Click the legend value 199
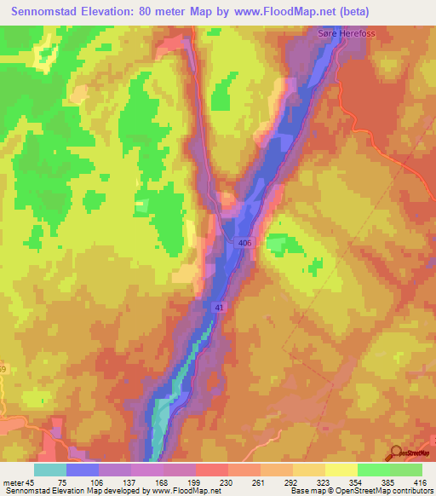tap(194, 482)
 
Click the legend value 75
tap(63, 482)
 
